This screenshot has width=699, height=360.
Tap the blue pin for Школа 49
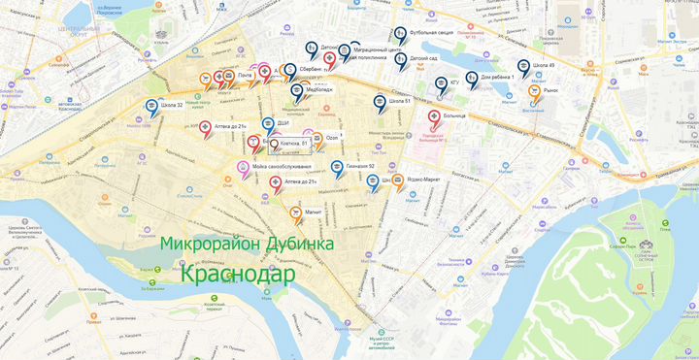click(524, 67)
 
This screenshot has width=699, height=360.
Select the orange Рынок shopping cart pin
click(534, 91)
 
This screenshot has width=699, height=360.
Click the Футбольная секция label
click(432, 32)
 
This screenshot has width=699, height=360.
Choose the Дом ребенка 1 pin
click(472, 78)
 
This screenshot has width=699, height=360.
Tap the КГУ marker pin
click(441, 83)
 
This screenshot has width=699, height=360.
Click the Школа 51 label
click(400, 101)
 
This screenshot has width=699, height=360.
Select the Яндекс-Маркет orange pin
click(398, 180)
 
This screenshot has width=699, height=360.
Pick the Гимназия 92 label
click(359, 166)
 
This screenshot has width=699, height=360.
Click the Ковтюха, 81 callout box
click(288, 144)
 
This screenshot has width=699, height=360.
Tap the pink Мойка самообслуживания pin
click(244, 168)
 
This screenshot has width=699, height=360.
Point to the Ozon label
click(331, 136)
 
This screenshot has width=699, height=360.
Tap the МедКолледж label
click(318, 89)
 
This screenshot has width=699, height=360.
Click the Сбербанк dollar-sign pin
click(290, 70)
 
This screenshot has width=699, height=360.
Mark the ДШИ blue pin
click(269, 124)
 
